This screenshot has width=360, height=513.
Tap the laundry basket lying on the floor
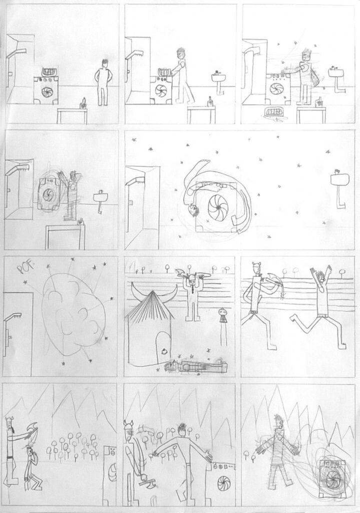(x=275, y=113)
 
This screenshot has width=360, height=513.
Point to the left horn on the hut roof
(x=135, y=289)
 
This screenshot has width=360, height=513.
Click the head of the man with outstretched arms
(x=182, y=429)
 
